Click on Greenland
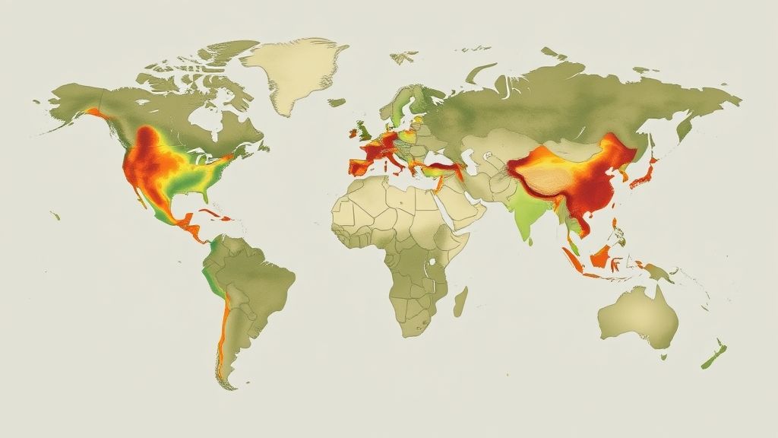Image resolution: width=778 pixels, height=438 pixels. coord(293,72)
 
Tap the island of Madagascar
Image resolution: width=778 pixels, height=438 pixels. coord(460,300)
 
